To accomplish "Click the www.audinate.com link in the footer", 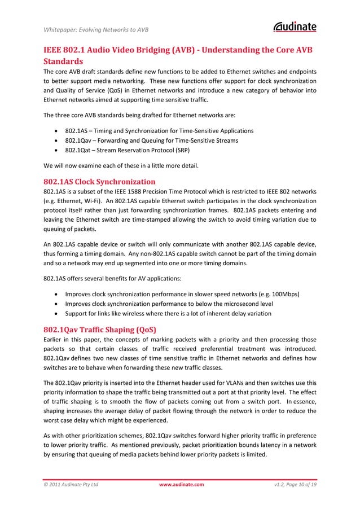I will click(x=181, y=484).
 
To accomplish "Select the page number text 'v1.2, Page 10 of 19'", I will click(x=294, y=484).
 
